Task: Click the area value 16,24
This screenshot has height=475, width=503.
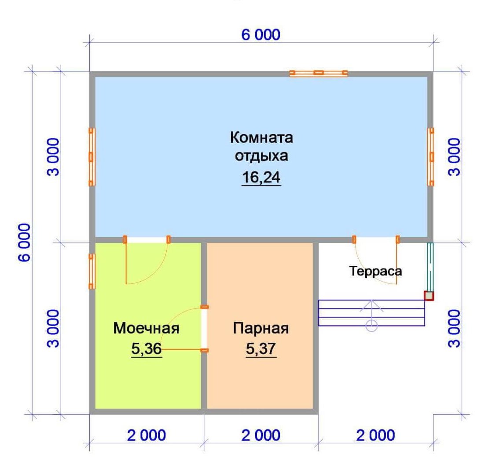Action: point(261,178)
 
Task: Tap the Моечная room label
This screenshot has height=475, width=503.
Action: point(146,328)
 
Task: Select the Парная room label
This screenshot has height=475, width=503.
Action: point(261,328)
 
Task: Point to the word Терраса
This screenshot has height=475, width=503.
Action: point(375,271)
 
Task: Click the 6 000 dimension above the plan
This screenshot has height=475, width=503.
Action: point(261,35)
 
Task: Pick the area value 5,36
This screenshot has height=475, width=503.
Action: point(146,349)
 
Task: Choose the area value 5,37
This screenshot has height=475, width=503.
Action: point(261,349)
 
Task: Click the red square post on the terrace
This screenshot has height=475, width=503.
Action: point(429,296)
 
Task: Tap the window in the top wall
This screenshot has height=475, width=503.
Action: point(319,73)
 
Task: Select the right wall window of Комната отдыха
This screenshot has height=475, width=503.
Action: point(431,157)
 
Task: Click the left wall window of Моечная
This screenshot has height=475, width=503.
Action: point(92,271)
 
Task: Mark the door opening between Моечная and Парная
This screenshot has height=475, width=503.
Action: point(204,329)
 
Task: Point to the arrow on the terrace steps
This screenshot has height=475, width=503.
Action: point(371,312)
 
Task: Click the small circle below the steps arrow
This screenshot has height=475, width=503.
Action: point(371,326)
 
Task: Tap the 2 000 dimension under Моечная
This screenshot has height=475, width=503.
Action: point(146,435)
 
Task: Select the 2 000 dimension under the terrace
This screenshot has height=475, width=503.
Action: point(375,435)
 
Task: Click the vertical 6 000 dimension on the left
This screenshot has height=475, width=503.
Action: point(24,243)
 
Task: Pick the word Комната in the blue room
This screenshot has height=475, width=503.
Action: point(261,138)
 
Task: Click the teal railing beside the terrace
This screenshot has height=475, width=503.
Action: point(430,267)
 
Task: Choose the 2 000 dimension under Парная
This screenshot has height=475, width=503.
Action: point(261,435)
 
